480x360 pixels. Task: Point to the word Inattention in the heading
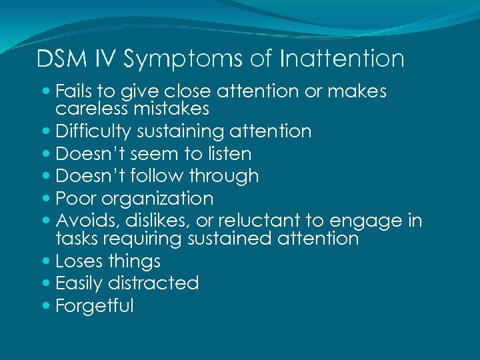(x=342, y=59)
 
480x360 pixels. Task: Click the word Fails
(x=75, y=91)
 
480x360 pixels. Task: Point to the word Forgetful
(x=95, y=305)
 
